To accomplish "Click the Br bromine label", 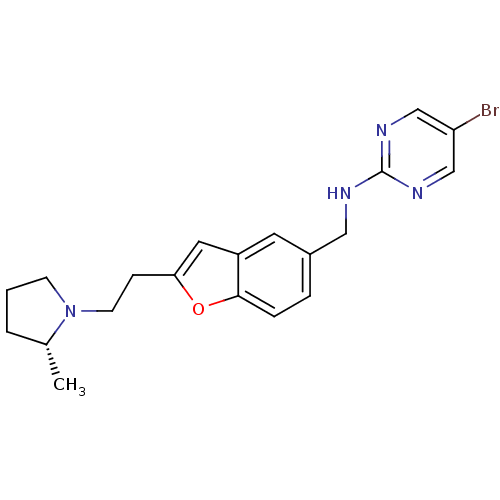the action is coord(489,111).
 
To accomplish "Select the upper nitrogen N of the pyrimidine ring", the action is coord(381,131).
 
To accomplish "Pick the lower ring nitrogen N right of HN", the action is coord(418,193).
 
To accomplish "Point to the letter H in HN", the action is coord(332,193).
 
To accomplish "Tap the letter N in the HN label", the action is coord(345,193).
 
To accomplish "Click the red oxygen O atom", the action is coord(198,309).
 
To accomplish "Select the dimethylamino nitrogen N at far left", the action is coord(70,311).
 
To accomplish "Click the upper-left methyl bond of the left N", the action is coord(59,296).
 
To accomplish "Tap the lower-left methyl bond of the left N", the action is coord(59,327).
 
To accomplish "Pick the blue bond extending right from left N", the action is coord(88,311).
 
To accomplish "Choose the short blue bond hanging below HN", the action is coord(346,210).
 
